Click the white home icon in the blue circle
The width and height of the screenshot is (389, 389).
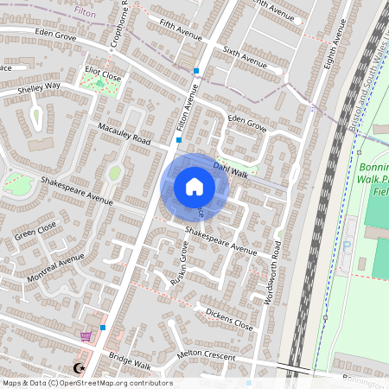[x=194, y=186]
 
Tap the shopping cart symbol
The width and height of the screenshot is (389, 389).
[x=85, y=336]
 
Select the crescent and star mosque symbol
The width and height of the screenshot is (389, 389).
[x=80, y=367]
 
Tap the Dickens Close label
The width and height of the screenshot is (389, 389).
[x=229, y=319]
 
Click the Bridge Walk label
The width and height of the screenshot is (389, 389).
[x=130, y=357]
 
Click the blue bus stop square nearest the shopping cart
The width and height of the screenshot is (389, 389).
[x=104, y=328]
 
